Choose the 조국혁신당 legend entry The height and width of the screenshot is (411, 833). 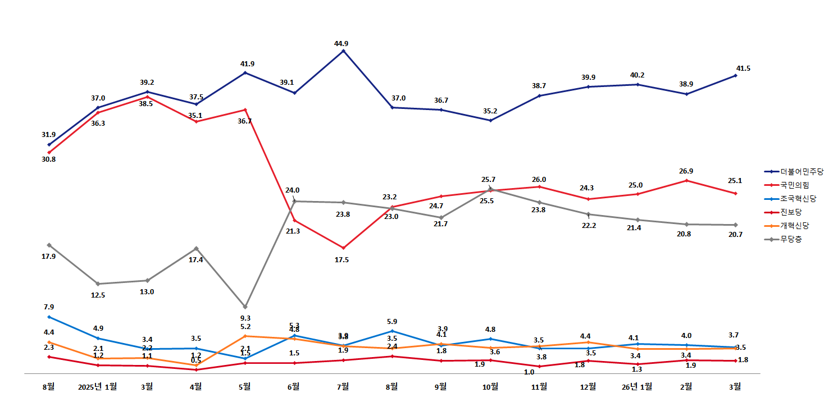tap(798, 199)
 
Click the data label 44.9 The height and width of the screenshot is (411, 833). tap(343, 43)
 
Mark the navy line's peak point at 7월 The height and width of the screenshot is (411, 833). tap(343, 51)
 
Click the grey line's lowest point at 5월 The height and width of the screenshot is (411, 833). tap(245, 307)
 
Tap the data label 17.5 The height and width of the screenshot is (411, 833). tap(342, 260)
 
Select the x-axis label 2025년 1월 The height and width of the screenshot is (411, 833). tap(98, 386)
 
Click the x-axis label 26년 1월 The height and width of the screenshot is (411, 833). tap(638, 386)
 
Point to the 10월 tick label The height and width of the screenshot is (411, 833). tap(490, 386)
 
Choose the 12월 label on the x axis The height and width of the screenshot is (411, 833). tap(588, 386)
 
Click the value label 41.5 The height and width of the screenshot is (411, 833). tap(743, 68)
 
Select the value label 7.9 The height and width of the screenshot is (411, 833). tap(49, 307)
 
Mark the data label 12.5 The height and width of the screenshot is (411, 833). tap(98, 295)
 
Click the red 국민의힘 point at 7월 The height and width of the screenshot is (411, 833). tap(343, 248)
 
